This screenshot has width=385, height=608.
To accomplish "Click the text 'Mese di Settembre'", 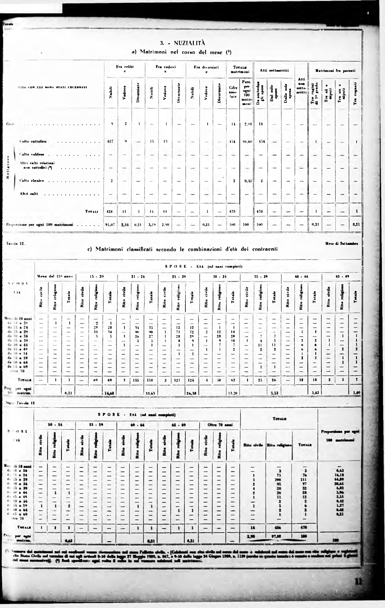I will click(x=342, y=244).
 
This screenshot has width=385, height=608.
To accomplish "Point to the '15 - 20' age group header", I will click(x=97, y=276).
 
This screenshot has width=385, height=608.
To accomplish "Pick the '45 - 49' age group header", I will click(x=342, y=276).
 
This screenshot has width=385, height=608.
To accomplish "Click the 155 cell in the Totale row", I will click(x=138, y=380).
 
